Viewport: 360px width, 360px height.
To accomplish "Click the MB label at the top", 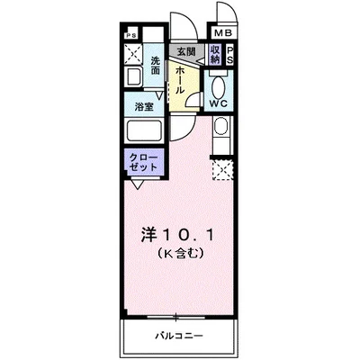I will pos(221,35).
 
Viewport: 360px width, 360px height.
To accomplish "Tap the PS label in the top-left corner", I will pos(131,36).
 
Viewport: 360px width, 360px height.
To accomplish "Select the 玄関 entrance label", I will pos(186,51).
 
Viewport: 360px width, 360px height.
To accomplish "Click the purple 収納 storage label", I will pos(216,55).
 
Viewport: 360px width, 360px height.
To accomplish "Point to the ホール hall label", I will pos(181,79).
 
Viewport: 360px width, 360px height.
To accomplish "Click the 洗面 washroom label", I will pos(157,66).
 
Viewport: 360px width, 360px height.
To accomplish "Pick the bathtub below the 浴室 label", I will pos(145,130).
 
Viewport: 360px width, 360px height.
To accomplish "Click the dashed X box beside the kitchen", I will pos(221,168).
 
